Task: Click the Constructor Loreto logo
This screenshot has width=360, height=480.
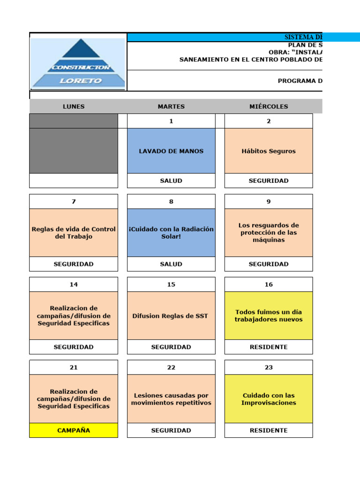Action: (x=78, y=63)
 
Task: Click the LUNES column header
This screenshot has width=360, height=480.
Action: (x=74, y=106)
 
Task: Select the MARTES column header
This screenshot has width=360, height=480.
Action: (x=171, y=106)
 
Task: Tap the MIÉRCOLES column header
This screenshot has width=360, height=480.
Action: (x=269, y=106)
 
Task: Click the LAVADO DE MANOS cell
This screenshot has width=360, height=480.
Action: (x=171, y=151)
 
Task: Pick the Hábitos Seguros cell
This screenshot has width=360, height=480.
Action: (x=269, y=151)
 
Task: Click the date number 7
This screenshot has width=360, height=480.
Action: (x=74, y=202)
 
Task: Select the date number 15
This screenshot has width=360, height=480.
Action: (x=171, y=285)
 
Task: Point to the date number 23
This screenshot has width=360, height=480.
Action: (x=269, y=367)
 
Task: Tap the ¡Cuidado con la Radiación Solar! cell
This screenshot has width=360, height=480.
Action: (x=171, y=232)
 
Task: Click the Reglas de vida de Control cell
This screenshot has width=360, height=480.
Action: (x=74, y=232)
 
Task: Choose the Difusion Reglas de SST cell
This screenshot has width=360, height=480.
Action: (x=171, y=316)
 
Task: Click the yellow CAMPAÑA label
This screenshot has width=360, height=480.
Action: (x=74, y=430)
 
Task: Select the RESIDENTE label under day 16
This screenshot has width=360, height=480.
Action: (x=269, y=347)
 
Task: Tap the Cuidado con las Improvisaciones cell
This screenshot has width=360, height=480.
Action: (x=269, y=399)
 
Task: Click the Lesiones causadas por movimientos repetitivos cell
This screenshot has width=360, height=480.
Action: (x=171, y=399)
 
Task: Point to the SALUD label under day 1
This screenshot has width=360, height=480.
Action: (x=171, y=180)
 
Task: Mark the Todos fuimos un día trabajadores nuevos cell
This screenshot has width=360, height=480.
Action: (x=269, y=316)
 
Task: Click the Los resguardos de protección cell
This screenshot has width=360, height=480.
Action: (x=269, y=232)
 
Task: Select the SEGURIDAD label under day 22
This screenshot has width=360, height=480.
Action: (x=171, y=430)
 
